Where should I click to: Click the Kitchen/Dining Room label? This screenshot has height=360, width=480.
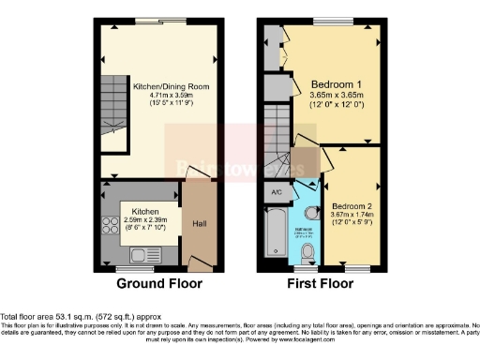(171, 85)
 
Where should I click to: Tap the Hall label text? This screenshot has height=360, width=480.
(199, 224)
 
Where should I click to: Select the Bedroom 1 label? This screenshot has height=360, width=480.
(335, 84)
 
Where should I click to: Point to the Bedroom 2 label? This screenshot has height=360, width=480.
(352, 204)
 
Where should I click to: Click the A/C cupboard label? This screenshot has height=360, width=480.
(277, 193)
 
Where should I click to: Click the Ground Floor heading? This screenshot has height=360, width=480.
(156, 282)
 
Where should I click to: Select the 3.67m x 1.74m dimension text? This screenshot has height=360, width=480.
(352, 214)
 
